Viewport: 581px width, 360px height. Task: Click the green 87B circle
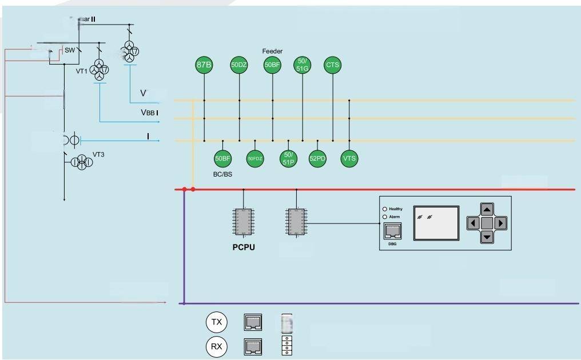(x=204, y=65)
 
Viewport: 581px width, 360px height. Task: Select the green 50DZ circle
(x=239, y=65)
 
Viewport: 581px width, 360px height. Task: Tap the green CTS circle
(x=332, y=65)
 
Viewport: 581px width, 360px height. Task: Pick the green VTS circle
(x=349, y=159)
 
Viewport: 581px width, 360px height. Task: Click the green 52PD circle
(x=317, y=159)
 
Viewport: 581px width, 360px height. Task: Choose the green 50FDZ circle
(x=255, y=159)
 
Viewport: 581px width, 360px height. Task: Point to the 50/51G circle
(x=302, y=65)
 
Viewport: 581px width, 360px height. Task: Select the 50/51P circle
(x=288, y=159)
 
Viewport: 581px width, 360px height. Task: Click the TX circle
(x=216, y=322)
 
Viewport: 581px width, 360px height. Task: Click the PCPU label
(x=244, y=247)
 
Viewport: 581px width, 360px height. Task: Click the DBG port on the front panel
(x=392, y=231)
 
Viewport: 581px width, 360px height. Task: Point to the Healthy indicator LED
(x=385, y=209)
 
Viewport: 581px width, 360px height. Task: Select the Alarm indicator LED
(x=385, y=217)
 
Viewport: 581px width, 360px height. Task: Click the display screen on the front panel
(x=436, y=223)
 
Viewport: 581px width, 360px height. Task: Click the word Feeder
(x=272, y=51)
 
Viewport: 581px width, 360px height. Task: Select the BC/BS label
(x=222, y=174)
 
